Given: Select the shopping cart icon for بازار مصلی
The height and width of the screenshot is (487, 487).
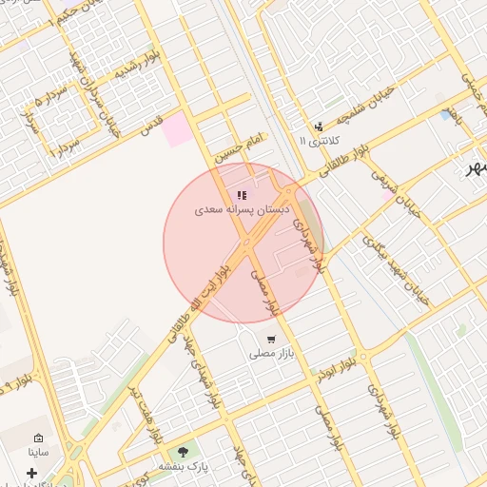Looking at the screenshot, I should pos(271,340).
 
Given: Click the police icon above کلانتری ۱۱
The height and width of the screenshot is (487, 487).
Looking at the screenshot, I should pos(319,127).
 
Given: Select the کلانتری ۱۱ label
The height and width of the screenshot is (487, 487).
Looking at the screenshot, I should pos(320,141).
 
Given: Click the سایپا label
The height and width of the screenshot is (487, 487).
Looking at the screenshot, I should pos(38,452).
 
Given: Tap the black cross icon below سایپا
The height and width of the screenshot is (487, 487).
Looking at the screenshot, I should pos(31,473).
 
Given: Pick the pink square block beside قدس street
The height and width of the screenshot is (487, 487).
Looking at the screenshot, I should pos(177,129).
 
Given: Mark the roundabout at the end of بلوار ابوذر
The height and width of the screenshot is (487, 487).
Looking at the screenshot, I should pos(364,359).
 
